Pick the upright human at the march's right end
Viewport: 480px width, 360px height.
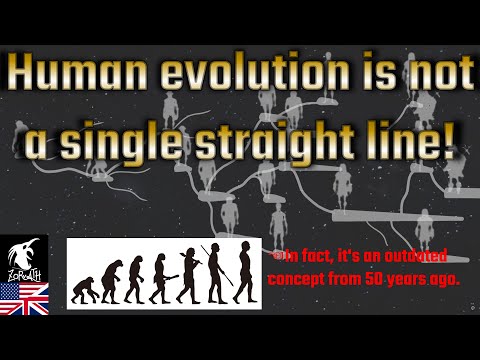(x=241, y=270)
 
